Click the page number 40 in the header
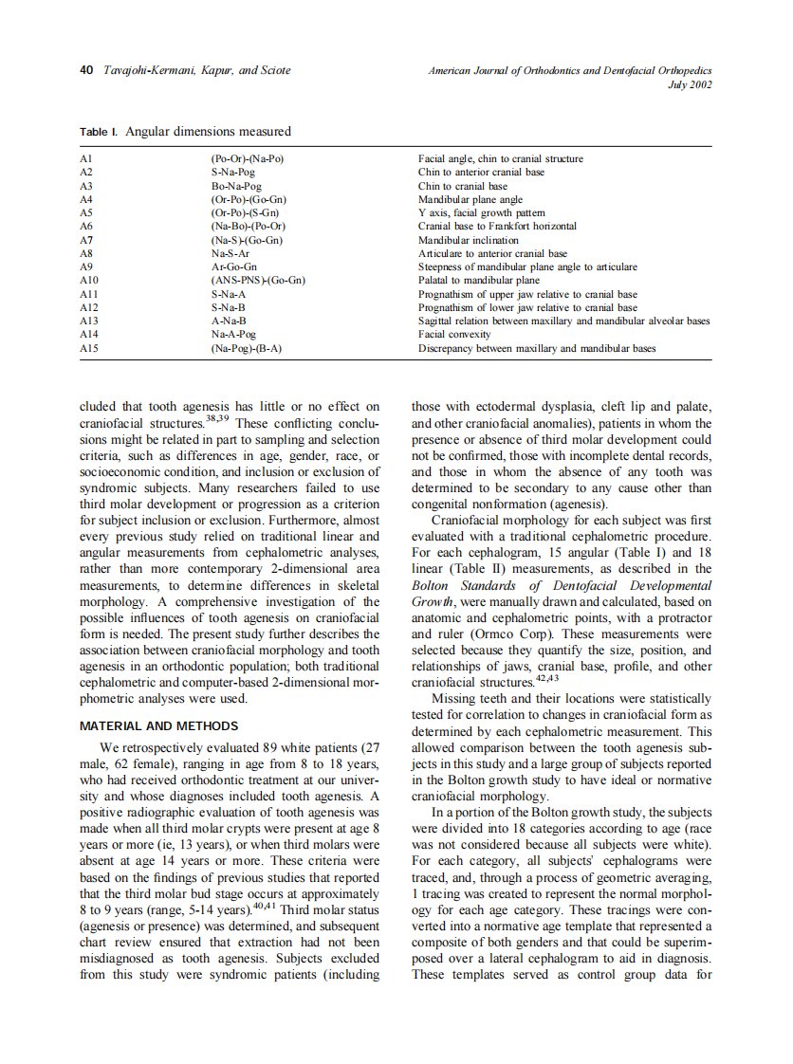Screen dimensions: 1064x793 [85, 70]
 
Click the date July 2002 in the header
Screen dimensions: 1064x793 [690, 84]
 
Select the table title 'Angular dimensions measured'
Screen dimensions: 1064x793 [208, 132]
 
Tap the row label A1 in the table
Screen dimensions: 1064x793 [86, 159]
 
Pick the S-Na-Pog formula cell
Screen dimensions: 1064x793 [233, 173]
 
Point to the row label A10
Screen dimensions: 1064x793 [89, 281]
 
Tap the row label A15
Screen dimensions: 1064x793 [89, 348]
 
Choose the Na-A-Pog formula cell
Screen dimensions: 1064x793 [233, 335]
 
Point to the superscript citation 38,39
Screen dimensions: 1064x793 [219, 417]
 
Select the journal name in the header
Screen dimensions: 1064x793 [570, 70]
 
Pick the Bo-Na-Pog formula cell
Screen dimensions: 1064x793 [236, 187]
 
